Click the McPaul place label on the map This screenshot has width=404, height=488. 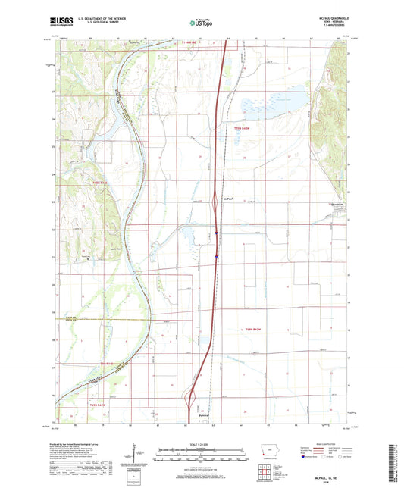[x=227, y=199]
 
